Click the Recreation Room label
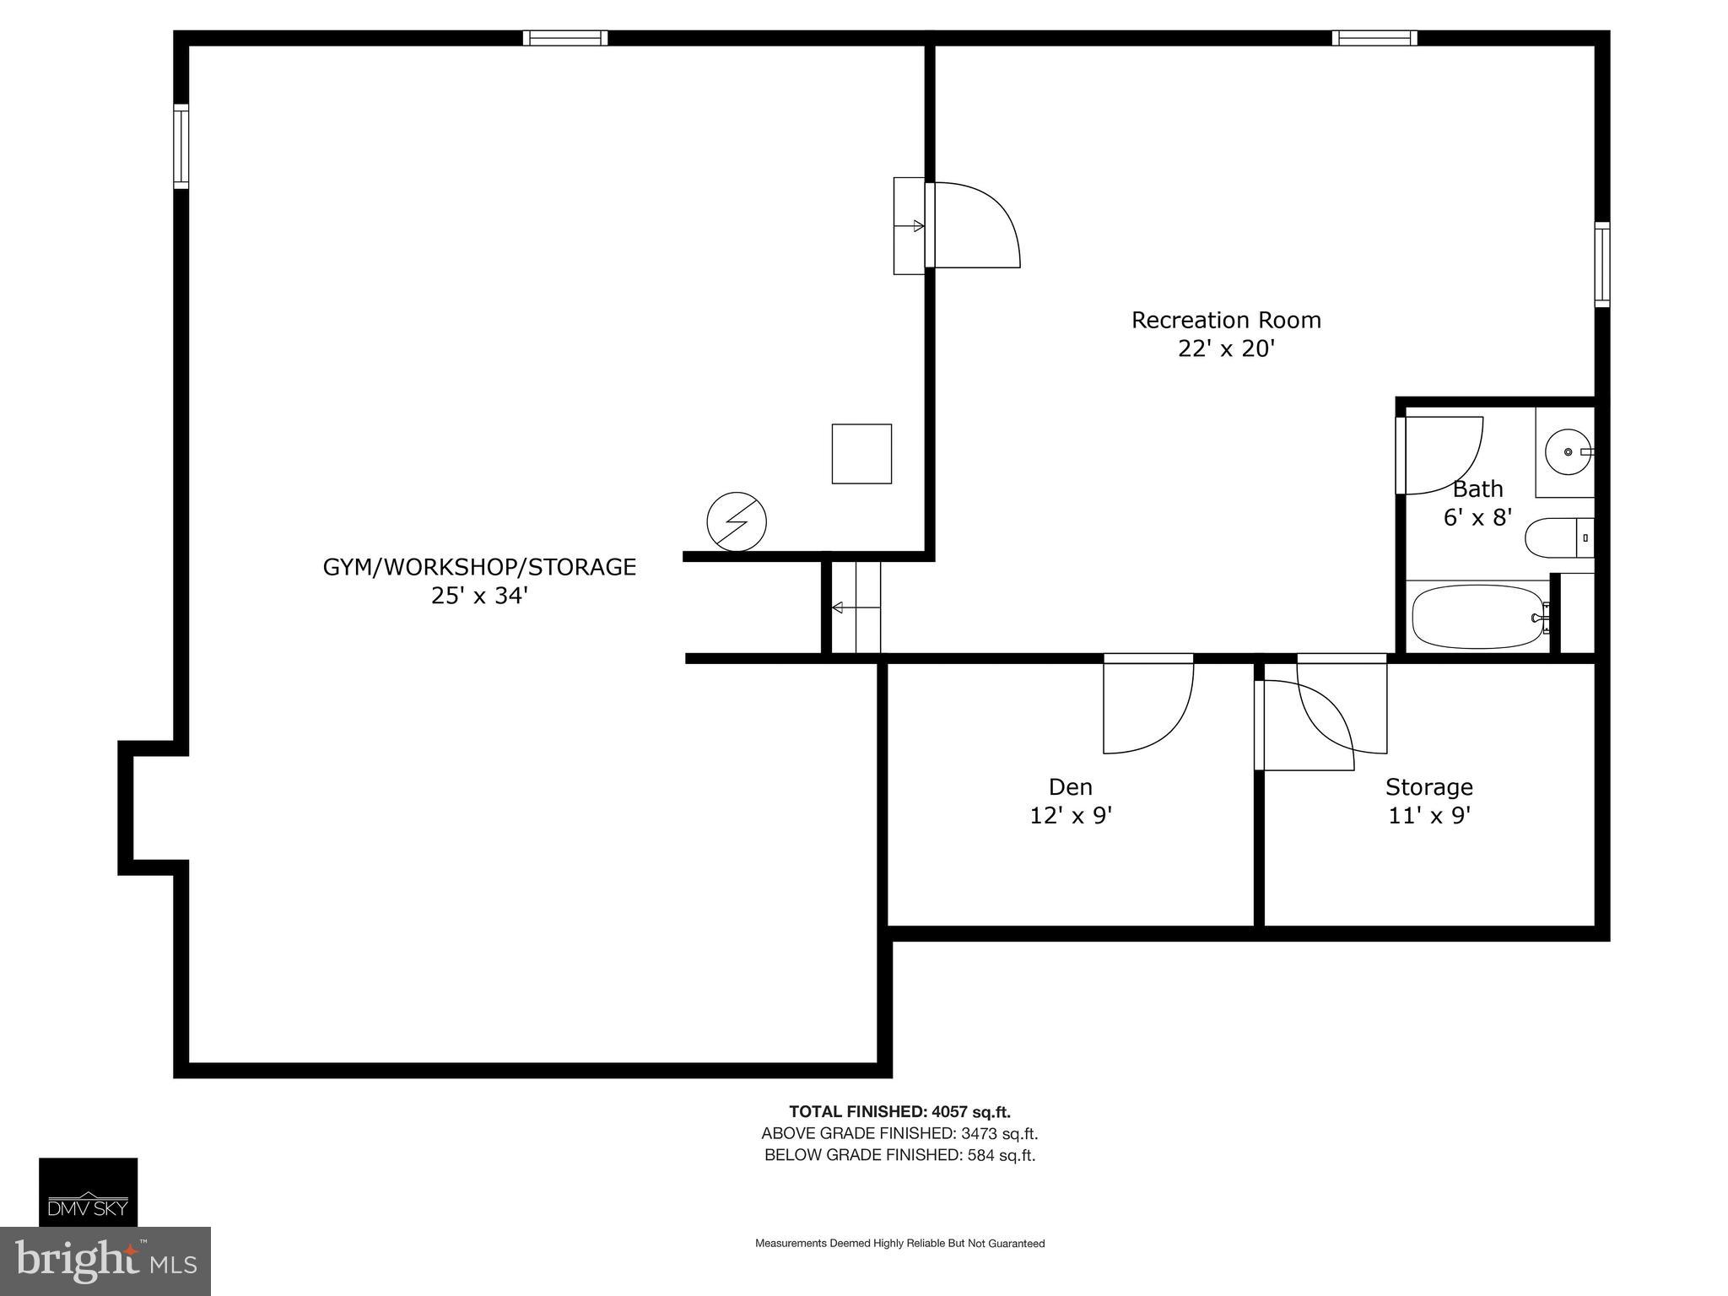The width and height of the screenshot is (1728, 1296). coord(1225,321)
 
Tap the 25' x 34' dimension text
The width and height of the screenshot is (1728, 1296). coord(479,596)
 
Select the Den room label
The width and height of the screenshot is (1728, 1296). coord(1070,787)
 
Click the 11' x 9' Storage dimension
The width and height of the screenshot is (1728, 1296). coord(1429,816)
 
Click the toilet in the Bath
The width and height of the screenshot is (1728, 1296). coord(1558,538)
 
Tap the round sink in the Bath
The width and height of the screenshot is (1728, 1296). coord(1567,452)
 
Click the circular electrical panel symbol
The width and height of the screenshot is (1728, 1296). coord(736,522)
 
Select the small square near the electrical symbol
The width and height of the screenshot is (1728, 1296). coord(861,454)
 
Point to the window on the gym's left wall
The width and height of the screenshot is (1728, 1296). coord(181,146)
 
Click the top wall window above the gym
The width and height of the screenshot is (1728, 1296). coord(564,38)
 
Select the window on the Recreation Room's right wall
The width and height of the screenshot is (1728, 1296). coord(1601,264)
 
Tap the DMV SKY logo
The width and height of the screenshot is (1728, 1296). coord(88,1191)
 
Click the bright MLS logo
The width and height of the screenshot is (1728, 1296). coord(105,1261)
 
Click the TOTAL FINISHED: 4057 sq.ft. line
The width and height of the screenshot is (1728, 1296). coord(899,1112)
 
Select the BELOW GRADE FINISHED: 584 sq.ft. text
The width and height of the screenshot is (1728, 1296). coord(899,1155)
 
